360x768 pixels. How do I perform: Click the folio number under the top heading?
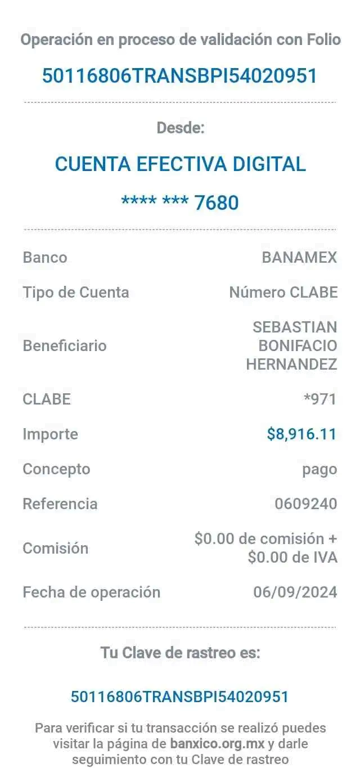[x=179, y=75]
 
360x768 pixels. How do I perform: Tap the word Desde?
[x=181, y=128]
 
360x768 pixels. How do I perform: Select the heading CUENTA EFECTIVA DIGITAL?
[x=181, y=164]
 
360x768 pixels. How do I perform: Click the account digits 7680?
[x=217, y=202]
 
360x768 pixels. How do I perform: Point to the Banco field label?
[x=44, y=258]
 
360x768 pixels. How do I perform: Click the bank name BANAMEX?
[x=299, y=258]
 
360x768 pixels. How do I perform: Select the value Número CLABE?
[x=283, y=292]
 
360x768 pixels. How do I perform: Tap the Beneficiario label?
[x=65, y=345]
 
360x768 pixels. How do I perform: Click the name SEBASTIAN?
[x=295, y=327]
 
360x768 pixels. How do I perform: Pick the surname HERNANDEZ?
[x=291, y=365]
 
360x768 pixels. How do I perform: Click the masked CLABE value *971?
[x=319, y=399]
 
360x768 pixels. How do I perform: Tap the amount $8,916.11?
[x=301, y=434]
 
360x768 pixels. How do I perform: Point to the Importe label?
[x=50, y=434]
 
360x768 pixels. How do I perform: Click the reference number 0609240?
[x=305, y=504]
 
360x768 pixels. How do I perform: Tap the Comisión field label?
[x=56, y=548]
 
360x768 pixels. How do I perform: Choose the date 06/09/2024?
[x=295, y=592]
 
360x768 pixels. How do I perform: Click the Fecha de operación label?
[x=92, y=592]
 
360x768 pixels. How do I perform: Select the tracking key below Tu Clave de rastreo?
[x=179, y=697]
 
